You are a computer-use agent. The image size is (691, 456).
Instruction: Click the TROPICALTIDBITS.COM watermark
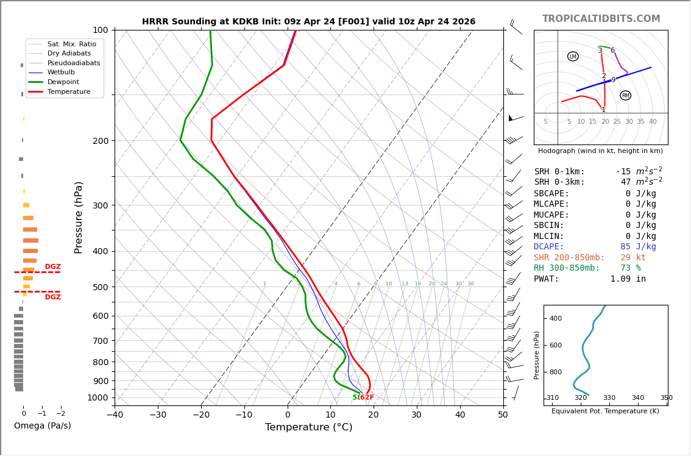[x=601, y=19]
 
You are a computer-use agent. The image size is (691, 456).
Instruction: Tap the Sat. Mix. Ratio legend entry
[x=71, y=44]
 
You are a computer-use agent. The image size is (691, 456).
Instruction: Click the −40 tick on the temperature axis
[x=115, y=415]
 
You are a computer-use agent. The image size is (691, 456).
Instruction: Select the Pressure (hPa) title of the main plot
[x=79, y=217]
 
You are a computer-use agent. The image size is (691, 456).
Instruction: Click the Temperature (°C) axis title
[x=308, y=427]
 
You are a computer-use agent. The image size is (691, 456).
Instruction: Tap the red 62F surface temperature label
[x=367, y=397]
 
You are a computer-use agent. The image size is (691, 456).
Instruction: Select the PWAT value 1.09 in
[x=628, y=279]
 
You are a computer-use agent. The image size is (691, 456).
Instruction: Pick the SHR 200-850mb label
[x=569, y=258]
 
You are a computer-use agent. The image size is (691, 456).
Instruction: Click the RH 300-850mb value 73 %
[x=631, y=268]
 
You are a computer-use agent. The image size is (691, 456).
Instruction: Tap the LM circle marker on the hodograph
[x=573, y=57]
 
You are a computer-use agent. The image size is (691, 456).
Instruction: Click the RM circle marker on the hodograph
[x=625, y=96]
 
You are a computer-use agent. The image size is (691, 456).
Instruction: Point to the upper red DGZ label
[x=52, y=267]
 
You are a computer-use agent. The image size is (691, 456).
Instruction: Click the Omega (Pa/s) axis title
[x=43, y=426]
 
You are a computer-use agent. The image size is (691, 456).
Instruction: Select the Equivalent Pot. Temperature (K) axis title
[x=605, y=411]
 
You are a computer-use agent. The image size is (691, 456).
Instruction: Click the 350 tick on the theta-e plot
[x=666, y=398]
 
